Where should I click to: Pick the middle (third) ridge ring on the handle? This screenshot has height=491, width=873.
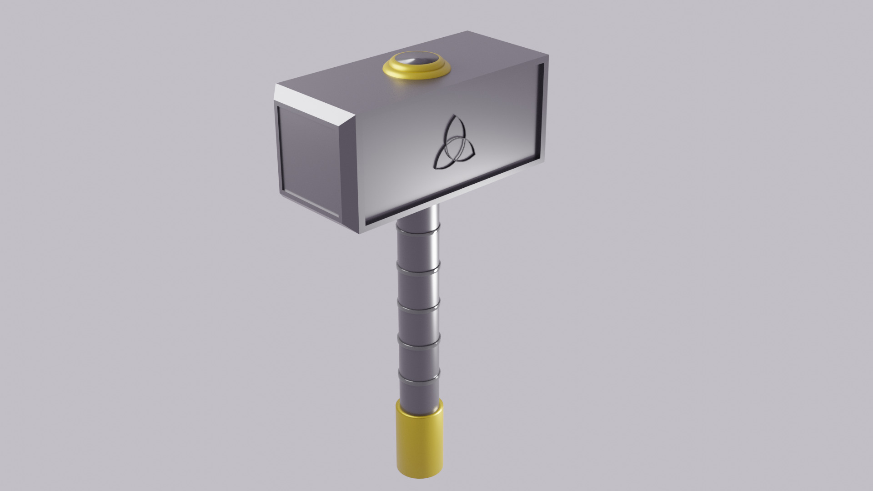[x=419, y=303]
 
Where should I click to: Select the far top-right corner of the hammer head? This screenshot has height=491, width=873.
[x=547, y=56]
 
